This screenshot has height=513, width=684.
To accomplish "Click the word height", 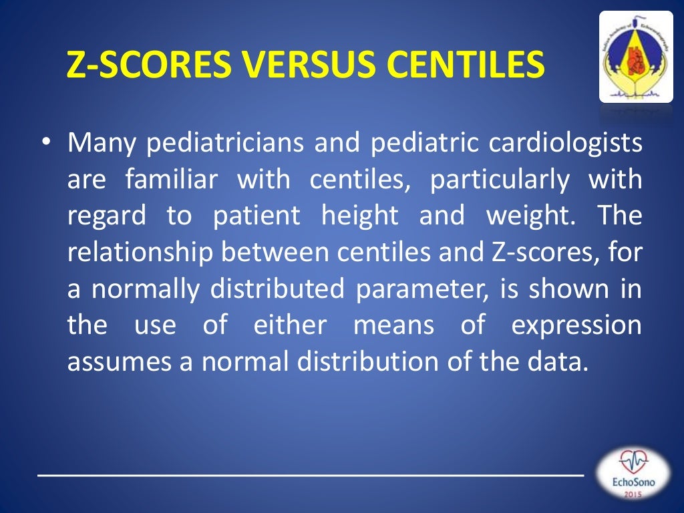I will tap(359, 216).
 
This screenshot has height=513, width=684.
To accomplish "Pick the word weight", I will tap(528, 216).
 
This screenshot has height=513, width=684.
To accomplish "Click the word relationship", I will tap(126, 252).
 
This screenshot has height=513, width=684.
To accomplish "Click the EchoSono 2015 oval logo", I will tap(632, 474).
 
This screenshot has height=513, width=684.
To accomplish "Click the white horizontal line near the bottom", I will tap(311, 474).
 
